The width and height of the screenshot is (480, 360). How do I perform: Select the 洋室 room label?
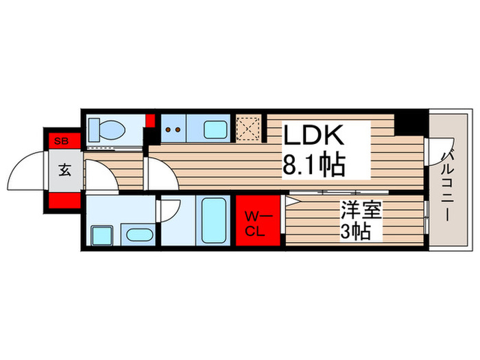tap(358, 209)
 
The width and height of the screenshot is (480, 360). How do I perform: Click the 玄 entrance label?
tap(64, 171)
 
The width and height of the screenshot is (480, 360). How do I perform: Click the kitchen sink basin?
tap(215, 129)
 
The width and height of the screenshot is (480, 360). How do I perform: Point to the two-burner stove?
tap(173, 128)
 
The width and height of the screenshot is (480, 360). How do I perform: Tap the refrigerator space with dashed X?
tap(247, 128)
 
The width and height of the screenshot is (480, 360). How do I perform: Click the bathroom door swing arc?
tap(169, 208)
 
